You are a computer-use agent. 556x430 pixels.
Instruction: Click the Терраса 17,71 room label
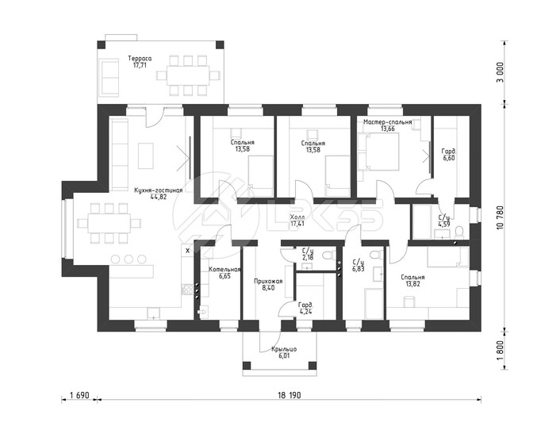(140, 62)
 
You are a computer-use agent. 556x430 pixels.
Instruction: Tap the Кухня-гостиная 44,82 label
(158, 194)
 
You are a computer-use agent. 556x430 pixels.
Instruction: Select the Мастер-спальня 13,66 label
(388, 125)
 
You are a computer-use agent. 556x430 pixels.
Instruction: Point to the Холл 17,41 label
(297, 221)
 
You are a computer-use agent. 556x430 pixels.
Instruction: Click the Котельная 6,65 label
(224, 272)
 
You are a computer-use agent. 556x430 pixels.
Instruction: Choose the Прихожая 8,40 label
(268, 285)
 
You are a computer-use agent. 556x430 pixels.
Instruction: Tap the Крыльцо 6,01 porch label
(284, 352)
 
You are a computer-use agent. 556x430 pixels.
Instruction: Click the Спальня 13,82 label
(412, 280)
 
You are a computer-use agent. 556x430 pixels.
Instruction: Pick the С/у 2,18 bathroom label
(308, 255)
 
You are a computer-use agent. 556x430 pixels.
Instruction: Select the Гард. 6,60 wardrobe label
(449, 155)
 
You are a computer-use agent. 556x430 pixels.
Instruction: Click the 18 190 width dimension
(289, 395)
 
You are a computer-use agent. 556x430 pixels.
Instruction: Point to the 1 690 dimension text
(79, 395)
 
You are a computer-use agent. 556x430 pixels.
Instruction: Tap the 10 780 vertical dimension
(500, 217)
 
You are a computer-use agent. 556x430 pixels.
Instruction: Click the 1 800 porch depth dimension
(500, 351)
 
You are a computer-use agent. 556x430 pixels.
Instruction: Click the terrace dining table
(188, 75)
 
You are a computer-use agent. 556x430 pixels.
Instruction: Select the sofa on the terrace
(109, 78)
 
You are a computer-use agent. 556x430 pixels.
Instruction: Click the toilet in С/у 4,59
(459, 232)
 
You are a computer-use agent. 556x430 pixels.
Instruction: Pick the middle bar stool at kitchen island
(128, 259)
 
